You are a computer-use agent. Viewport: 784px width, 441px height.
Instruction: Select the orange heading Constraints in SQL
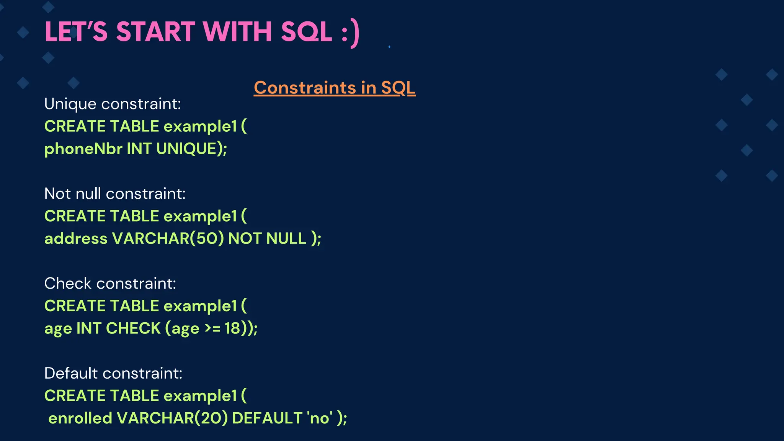(334, 88)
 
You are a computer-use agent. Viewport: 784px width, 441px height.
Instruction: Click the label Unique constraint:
(113, 104)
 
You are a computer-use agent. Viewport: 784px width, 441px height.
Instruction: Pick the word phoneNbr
(83, 149)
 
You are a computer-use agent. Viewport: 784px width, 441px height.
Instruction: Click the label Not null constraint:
(115, 194)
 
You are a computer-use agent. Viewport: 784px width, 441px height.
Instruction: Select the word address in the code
(76, 238)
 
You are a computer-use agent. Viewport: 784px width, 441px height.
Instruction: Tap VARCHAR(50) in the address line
(168, 238)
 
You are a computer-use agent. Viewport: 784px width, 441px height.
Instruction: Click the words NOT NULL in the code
(267, 238)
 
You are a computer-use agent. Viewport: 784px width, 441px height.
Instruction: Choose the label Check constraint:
(110, 284)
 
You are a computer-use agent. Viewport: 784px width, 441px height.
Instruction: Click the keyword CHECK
(133, 328)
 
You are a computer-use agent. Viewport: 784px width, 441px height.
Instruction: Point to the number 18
(232, 328)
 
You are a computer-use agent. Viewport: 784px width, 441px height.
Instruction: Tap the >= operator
(212, 328)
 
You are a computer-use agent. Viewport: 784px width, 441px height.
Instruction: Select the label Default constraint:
(113, 373)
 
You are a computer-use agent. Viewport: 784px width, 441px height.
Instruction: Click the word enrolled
(80, 418)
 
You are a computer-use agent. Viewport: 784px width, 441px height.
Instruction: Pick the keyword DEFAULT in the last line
(267, 418)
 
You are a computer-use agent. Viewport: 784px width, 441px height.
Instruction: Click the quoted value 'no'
(320, 418)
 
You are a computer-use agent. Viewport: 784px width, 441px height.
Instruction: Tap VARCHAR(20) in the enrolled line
(172, 418)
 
